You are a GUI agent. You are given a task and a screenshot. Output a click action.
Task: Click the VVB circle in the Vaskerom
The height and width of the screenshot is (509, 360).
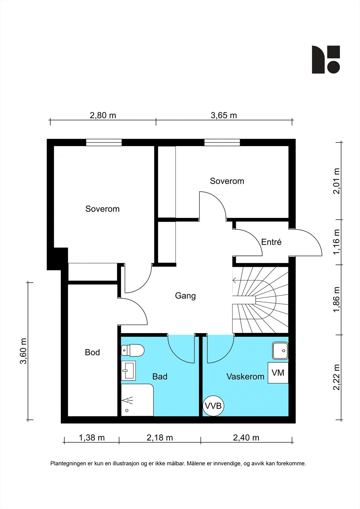[213, 406]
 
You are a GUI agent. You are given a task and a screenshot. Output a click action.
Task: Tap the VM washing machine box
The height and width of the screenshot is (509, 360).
[278, 373]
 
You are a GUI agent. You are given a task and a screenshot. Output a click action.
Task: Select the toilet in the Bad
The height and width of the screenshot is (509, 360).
[133, 350]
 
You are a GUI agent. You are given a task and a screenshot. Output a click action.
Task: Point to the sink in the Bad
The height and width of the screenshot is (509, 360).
[128, 370]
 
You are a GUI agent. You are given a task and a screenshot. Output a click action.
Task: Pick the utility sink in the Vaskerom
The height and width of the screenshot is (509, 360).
[280, 351]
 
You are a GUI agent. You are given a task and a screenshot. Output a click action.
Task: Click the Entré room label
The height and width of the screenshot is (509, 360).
[271, 242]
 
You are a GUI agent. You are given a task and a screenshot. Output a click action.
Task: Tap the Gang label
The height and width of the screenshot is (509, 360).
[185, 296]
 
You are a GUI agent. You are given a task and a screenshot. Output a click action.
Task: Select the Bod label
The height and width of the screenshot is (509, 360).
[92, 352]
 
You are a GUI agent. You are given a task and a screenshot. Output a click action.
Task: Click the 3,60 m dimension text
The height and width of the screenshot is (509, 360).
[24, 351]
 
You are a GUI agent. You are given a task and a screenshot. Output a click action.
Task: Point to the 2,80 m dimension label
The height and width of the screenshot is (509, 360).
[103, 115]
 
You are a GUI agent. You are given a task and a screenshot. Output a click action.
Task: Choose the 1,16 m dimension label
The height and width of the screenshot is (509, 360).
[336, 242]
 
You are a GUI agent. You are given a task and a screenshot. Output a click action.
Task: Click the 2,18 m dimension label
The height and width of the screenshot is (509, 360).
[160, 438]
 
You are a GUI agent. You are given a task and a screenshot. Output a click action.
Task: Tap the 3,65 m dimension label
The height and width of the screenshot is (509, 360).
[224, 115]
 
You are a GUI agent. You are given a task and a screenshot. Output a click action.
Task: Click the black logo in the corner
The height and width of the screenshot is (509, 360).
[326, 59]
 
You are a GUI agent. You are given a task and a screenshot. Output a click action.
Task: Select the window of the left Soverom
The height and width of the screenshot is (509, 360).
[104, 143]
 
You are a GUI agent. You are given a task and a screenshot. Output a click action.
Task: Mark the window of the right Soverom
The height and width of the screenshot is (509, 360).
[222, 143]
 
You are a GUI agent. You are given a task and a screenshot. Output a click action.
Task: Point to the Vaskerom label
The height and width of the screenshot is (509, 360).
[245, 377]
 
